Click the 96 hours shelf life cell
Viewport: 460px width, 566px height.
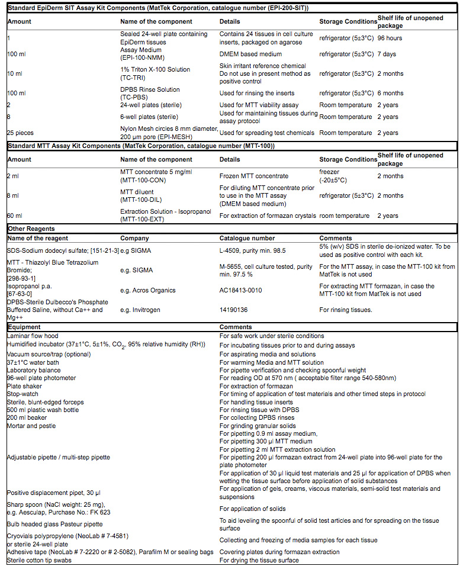click(x=390, y=38)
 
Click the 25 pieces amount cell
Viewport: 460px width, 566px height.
click(x=20, y=133)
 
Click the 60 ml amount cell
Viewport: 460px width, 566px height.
click(x=15, y=216)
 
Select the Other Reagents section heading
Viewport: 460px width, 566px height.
click(x=31, y=228)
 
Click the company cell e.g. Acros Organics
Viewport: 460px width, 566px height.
click(x=149, y=290)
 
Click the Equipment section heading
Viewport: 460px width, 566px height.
click(x=24, y=327)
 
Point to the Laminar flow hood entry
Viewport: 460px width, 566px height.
click(x=32, y=336)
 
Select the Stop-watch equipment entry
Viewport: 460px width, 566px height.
click(x=23, y=394)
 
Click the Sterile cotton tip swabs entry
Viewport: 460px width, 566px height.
click(x=40, y=560)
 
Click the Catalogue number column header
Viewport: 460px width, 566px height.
click(x=247, y=239)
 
